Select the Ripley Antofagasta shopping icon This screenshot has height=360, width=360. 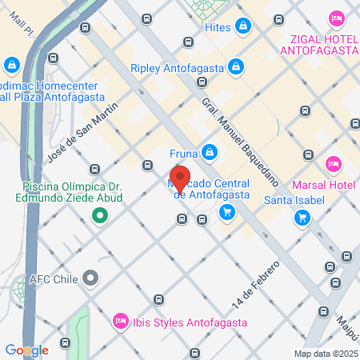236,66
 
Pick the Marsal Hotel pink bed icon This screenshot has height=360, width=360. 334,164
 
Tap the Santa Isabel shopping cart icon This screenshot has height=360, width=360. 302,217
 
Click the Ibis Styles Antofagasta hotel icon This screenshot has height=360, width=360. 121,321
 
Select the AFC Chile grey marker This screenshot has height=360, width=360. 90,279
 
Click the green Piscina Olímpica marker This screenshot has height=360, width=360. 100,215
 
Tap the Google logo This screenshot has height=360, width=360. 26,350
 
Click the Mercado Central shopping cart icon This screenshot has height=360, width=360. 228,212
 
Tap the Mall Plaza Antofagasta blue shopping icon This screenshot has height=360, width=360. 11,65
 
